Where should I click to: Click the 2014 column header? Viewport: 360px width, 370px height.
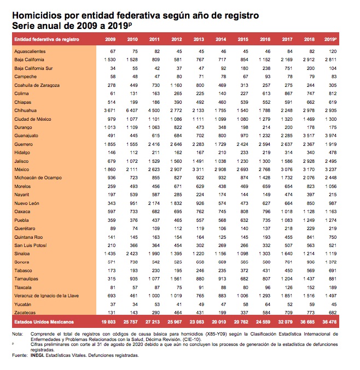coord(221,40)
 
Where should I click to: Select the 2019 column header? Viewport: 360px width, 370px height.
coord(330,40)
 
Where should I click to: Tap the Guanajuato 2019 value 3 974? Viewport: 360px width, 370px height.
coord(330,135)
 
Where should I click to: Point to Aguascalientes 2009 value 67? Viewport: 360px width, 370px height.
coord(112,51)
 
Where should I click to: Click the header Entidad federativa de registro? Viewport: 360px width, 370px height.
coord(47,40)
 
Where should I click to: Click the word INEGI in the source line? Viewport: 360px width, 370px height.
coord(39,355)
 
